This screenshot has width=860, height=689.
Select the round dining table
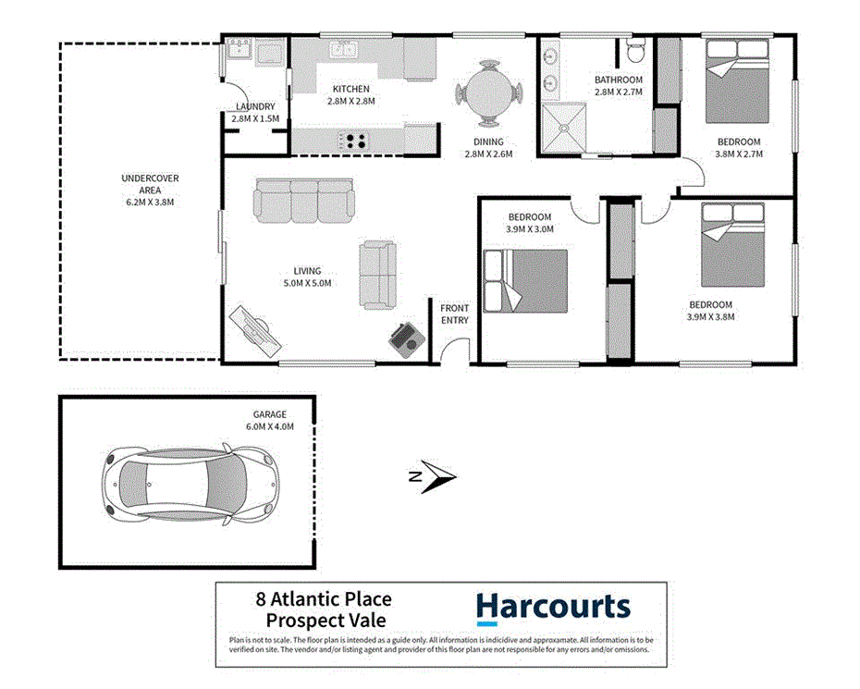point(488,92)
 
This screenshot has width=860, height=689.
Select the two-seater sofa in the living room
point(377,275)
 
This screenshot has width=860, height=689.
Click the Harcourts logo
point(553,608)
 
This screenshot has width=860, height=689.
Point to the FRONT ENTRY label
point(454,314)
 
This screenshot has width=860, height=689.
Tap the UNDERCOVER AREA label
point(150,190)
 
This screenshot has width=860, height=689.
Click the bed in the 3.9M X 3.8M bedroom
point(734,245)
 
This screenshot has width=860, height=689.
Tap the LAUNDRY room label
point(253,113)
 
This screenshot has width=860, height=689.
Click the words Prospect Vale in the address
point(326,621)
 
